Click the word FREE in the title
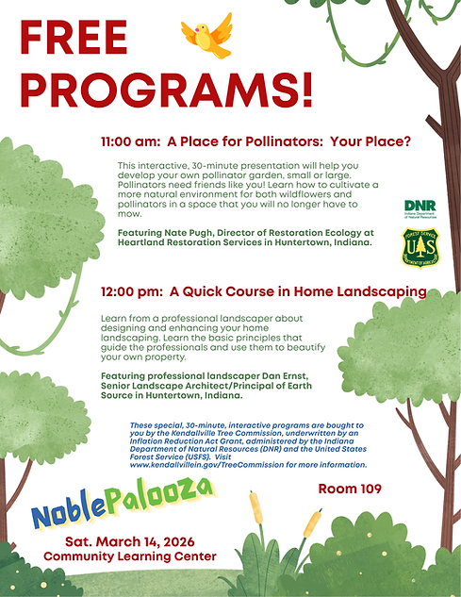74,41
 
